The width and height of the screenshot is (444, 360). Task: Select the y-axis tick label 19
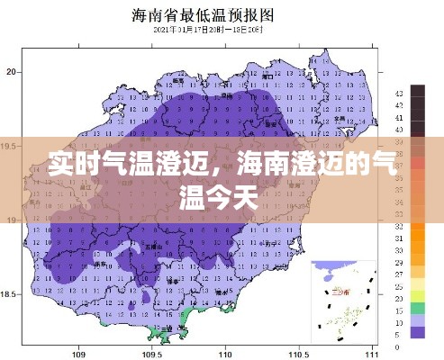[11, 219]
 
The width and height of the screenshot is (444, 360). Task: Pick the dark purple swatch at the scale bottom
[417, 331]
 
